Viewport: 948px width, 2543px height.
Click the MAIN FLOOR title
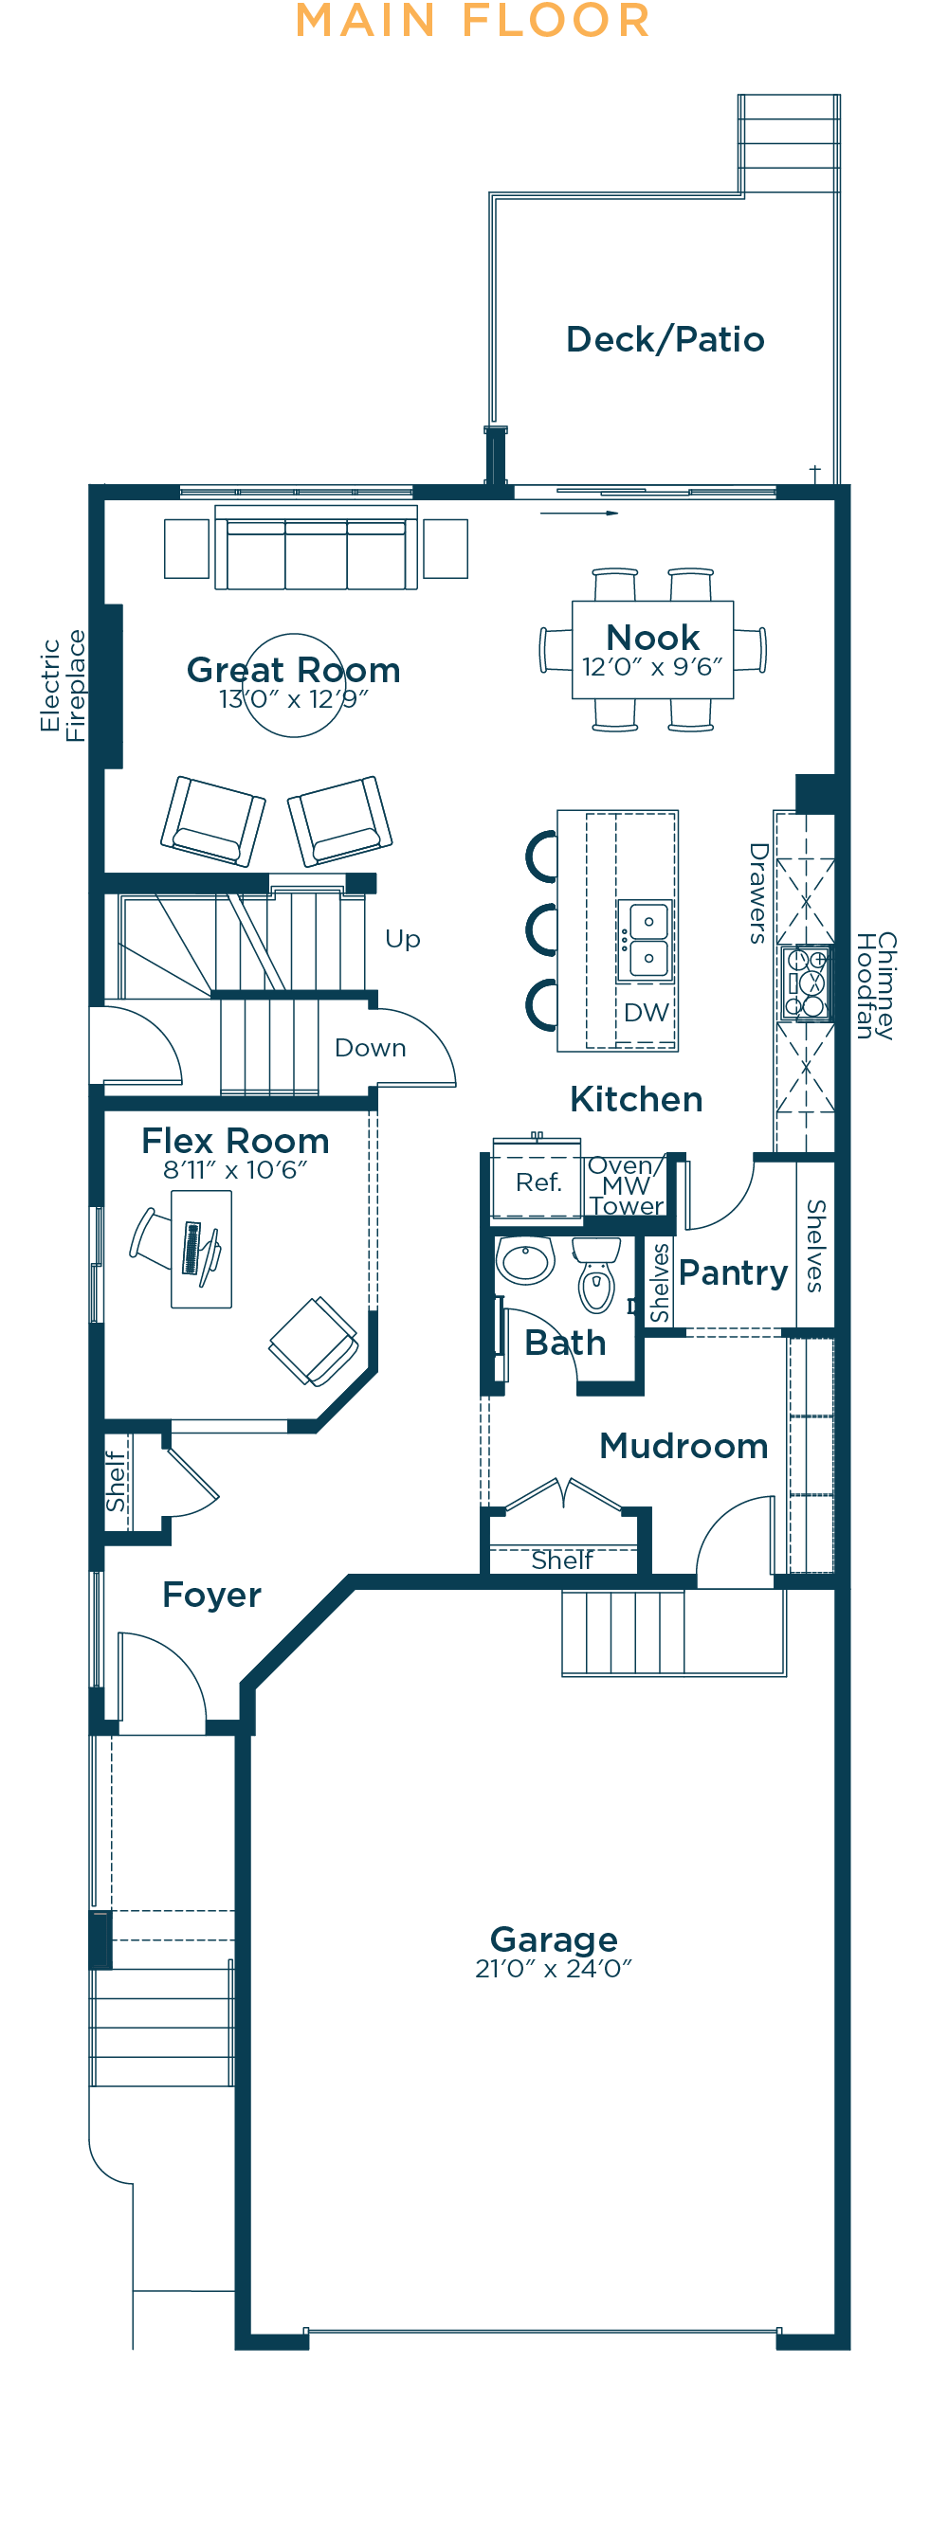(473, 21)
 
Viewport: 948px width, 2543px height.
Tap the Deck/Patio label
(665, 339)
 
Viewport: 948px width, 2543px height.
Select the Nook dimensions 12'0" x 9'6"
(652, 667)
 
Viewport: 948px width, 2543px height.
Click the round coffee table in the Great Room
(294, 685)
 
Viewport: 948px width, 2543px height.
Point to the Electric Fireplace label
(63, 685)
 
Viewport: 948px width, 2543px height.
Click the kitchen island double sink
(647, 940)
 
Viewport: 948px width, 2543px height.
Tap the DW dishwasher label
(646, 1012)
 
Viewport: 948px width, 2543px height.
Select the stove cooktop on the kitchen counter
(805, 983)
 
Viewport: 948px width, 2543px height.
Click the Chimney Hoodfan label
(875, 985)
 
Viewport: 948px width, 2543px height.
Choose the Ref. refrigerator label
(538, 1182)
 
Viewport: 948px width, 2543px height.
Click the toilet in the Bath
(595, 1274)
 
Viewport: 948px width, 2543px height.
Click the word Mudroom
(684, 1446)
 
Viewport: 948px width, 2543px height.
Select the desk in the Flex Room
(201, 1249)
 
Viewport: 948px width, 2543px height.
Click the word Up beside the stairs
(403, 940)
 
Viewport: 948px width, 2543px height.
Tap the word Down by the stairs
(371, 1047)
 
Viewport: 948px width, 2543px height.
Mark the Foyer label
(211, 1596)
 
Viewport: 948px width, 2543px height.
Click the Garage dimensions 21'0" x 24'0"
(553, 1969)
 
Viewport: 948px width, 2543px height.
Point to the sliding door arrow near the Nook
(578, 514)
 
